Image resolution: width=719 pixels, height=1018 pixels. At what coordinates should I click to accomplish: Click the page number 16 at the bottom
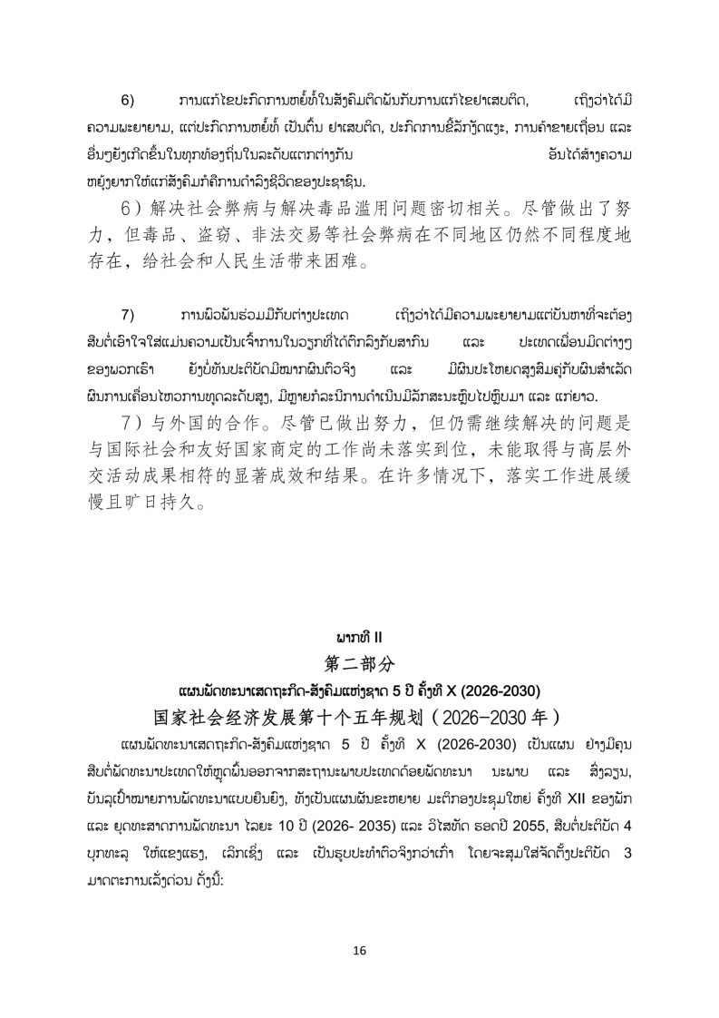tap(359, 951)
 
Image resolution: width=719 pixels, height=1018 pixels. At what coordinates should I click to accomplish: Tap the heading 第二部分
tap(359, 663)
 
